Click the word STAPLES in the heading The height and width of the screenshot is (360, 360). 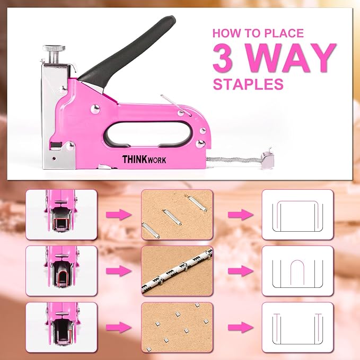click(248, 84)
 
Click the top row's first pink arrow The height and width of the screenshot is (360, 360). click(118, 214)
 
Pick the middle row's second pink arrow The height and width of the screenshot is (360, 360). click(237, 270)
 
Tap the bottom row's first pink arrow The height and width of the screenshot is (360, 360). click(118, 326)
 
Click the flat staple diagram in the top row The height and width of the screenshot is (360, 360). click(297, 214)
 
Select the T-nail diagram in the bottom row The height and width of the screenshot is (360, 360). click(297, 326)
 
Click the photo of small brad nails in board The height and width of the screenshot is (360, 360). click(177, 326)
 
